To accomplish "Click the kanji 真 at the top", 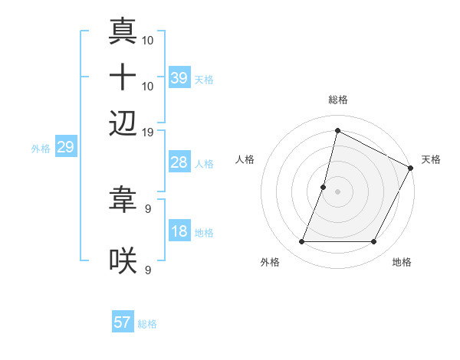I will pyautogui.click(x=123, y=32).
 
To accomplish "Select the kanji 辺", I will pyautogui.click(x=123, y=123).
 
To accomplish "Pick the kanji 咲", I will pyautogui.click(x=123, y=261).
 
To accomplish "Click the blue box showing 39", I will pyautogui.click(x=179, y=78).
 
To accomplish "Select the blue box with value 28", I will pyautogui.click(x=179, y=162).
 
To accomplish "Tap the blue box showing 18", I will pyautogui.click(x=179, y=231).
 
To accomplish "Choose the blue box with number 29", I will pyautogui.click(x=65, y=147).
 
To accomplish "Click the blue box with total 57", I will pyautogui.click(x=123, y=322).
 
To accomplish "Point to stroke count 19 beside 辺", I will pyautogui.click(x=148, y=132).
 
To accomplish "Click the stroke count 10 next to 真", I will pyautogui.click(x=148, y=39).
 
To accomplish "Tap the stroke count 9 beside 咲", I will pyautogui.click(x=148, y=270).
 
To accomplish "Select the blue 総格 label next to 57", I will pyautogui.click(x=147, y=324).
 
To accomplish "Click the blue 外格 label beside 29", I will pyautogui.click(x=40, y=149).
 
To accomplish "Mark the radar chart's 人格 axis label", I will pyautogui.click(x=245, y=159).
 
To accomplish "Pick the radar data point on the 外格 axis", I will pyautogui.click(x=301, y=242).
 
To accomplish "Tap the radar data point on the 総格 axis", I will pyautogui.click(x=337, y=130).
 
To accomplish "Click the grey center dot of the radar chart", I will pyautogui.click(x=337, y=191).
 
